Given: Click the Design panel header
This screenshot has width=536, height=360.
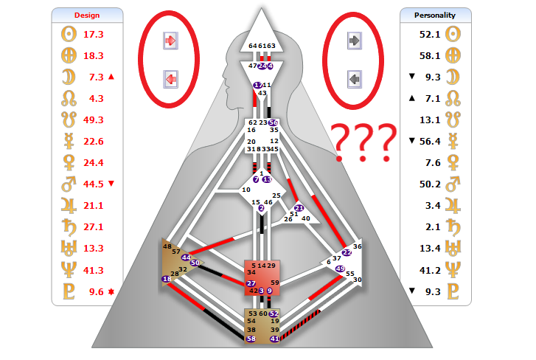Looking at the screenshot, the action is (88, 15).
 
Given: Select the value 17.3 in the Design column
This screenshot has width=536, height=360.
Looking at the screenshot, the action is (94, 35).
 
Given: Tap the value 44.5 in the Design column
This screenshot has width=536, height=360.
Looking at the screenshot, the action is (94, 184).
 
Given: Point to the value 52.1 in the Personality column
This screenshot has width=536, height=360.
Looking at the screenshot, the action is (431, 34).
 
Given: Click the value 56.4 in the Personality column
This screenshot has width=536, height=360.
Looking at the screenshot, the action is (431, 141).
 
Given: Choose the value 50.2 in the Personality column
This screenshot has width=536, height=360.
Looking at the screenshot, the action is (431, 184).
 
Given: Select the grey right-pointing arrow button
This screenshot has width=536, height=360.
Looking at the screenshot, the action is (355, 41).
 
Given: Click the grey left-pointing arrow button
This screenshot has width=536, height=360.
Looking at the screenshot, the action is (355, 78).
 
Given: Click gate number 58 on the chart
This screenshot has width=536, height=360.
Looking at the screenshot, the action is (251, 339).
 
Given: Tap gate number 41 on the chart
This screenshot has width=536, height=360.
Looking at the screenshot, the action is (274, 339).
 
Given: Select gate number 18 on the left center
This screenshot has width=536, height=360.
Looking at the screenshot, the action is (167, 279).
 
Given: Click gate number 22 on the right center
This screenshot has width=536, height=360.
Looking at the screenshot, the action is (347, 252).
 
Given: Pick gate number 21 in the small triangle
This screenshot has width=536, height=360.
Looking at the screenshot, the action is (299, 208).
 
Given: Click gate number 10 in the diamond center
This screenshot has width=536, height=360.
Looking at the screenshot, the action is (246, 190).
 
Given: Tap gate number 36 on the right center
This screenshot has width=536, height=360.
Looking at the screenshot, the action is (358, 246).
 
